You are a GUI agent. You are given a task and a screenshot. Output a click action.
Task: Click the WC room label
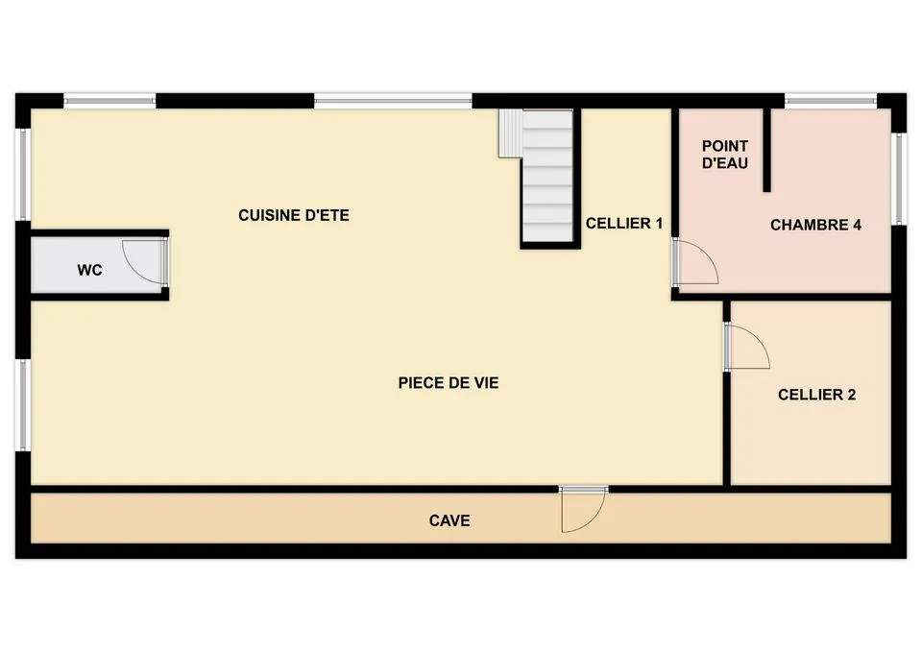coord(90,271)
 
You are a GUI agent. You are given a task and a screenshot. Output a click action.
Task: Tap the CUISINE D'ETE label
coord(294,216)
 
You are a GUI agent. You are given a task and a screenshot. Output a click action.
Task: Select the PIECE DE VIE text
coord(449,383)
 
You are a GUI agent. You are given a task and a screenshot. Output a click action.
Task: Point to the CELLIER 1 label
coord(624,224)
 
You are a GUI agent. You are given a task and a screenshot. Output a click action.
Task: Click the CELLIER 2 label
coord(816,395)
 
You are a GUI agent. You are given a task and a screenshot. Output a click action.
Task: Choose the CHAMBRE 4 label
coord(815,226)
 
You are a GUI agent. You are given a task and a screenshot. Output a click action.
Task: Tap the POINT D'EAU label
coord(725,155)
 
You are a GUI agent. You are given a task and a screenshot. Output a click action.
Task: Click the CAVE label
coord(449,520)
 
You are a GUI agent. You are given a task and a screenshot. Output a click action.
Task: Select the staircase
coord(546,177)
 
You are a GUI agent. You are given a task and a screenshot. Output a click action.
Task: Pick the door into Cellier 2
coord(746,348)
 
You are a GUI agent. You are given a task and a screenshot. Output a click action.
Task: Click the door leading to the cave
coord(584,509)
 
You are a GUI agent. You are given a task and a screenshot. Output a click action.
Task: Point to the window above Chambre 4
coord(831,100)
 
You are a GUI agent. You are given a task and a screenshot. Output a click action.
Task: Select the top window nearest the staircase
coord(394,100)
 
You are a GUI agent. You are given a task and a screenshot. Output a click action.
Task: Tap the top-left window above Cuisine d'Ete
coord(109,100)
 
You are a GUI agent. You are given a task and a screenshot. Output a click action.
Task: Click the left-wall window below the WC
coord(22,403)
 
